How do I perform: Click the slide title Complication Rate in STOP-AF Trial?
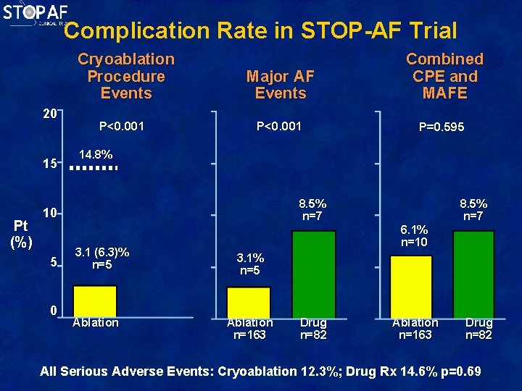[x=260, y=30]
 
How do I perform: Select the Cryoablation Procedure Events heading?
[x=126, y=76]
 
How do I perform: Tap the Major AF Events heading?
[x=281, y=85]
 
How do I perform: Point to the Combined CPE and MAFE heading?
[x=444, y=76]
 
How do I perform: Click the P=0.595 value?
[x=442, y=127]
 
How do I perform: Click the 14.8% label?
[x=95, y=154]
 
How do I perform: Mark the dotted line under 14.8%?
[x=93, y=168]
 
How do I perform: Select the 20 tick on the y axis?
[x=49, y=114]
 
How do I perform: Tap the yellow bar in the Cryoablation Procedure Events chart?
[x=94, y=301]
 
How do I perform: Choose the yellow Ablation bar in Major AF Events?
[x=249, y=302]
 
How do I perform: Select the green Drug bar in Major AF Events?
[x=313, y=274]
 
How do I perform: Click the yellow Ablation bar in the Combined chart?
[x=411, y=286]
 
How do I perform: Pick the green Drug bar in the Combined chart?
[x=476, y=274]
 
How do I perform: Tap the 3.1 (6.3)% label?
[x=102, y=258]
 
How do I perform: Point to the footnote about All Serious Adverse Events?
[x=260, y=371]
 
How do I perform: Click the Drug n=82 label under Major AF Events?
[x=313, y=329]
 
